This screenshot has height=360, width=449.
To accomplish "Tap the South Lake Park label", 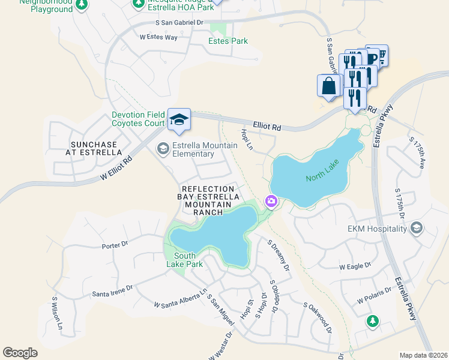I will [x=185, y=260].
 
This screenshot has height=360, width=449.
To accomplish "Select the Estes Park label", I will [x=228, y=41].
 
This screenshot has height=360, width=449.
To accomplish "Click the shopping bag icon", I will [x=329, y=85].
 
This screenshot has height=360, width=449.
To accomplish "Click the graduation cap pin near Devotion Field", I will [x=178, y=119].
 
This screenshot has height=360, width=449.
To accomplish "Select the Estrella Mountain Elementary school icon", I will [x=163, y=148].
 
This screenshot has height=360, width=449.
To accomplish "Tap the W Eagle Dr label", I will [x=355, y=266].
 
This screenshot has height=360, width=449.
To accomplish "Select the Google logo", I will [x=20, y=352].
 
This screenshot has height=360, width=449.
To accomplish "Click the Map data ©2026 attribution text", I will [x=423, y=355].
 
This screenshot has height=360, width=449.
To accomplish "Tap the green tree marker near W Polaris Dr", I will [x=373, y=321].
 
